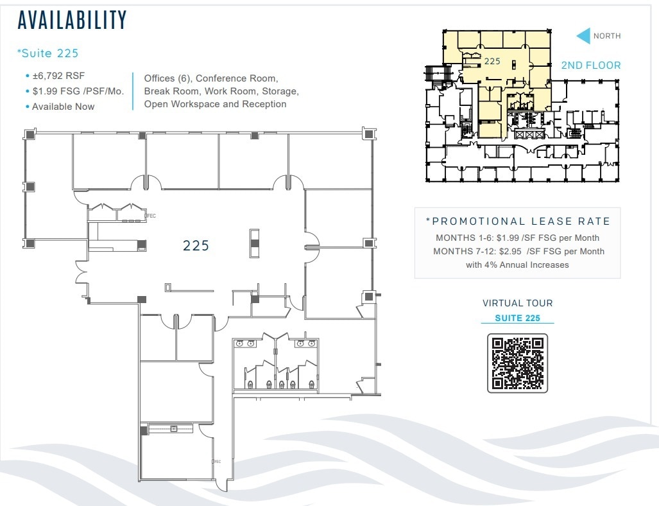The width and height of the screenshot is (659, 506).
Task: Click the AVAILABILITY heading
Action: [72, 21]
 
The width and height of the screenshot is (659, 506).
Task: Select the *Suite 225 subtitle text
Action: [47, 53]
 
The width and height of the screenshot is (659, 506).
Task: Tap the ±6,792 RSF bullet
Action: [58, 76]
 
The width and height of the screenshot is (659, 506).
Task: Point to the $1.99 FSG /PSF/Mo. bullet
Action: [78, 91]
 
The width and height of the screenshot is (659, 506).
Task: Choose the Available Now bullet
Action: [63, 107]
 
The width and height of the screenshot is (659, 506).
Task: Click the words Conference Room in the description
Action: [237, 78]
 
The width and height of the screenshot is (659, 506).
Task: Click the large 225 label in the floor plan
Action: [196, 245]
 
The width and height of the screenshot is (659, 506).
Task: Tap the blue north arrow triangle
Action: [583, 36]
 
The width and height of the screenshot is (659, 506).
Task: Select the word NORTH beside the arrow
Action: [607, 36]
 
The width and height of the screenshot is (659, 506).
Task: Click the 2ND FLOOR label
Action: [591, 65]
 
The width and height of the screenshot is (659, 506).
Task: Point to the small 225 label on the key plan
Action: [492, 61]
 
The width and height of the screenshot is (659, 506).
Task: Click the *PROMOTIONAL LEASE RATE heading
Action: [518, 222]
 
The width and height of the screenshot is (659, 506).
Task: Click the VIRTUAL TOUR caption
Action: [517, 303]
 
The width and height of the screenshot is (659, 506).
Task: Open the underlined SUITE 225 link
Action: [517, 318]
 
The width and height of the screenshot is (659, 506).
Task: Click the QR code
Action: [517, 363]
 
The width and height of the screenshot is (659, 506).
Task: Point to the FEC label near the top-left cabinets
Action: [151, 216]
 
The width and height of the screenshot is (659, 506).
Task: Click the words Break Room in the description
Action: [171, 91]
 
